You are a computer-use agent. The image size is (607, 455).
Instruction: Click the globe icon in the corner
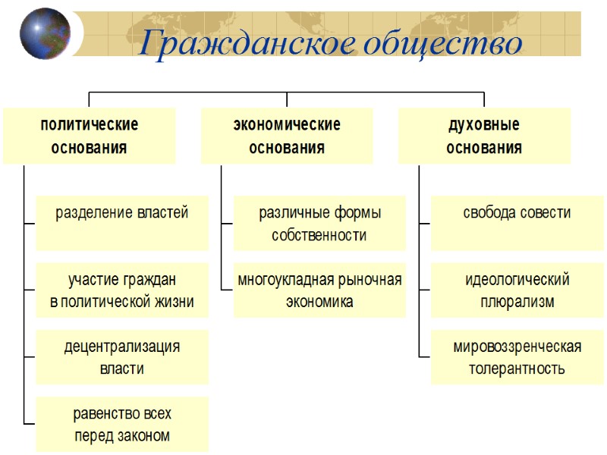point(45,33)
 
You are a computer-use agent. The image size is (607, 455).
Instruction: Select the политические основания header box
point(89,136)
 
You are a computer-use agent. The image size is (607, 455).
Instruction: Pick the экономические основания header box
point(287,136)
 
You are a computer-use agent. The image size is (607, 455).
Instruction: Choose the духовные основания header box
point(484,136)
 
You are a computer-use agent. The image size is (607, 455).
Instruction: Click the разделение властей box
point(122,223)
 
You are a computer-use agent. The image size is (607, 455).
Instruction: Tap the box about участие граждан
point(122,290)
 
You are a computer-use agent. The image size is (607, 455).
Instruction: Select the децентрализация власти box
point(122,357)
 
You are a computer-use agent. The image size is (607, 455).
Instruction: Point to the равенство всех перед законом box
point(122,425)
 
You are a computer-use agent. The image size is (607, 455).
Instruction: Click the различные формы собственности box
point(319,223)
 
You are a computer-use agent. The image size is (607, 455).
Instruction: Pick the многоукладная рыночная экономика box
point(319,290)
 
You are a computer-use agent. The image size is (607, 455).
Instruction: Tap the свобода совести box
point(517,223)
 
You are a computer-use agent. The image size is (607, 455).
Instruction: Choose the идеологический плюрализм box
point(517,290)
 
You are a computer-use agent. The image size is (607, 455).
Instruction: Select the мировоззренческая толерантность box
point(517,357)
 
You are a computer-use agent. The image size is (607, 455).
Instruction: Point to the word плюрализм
point(517,302)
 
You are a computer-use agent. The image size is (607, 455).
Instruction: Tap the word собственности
point(319,235)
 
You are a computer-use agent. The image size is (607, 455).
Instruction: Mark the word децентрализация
point(122,347)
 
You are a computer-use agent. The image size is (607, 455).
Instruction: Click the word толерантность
point(517,369)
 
